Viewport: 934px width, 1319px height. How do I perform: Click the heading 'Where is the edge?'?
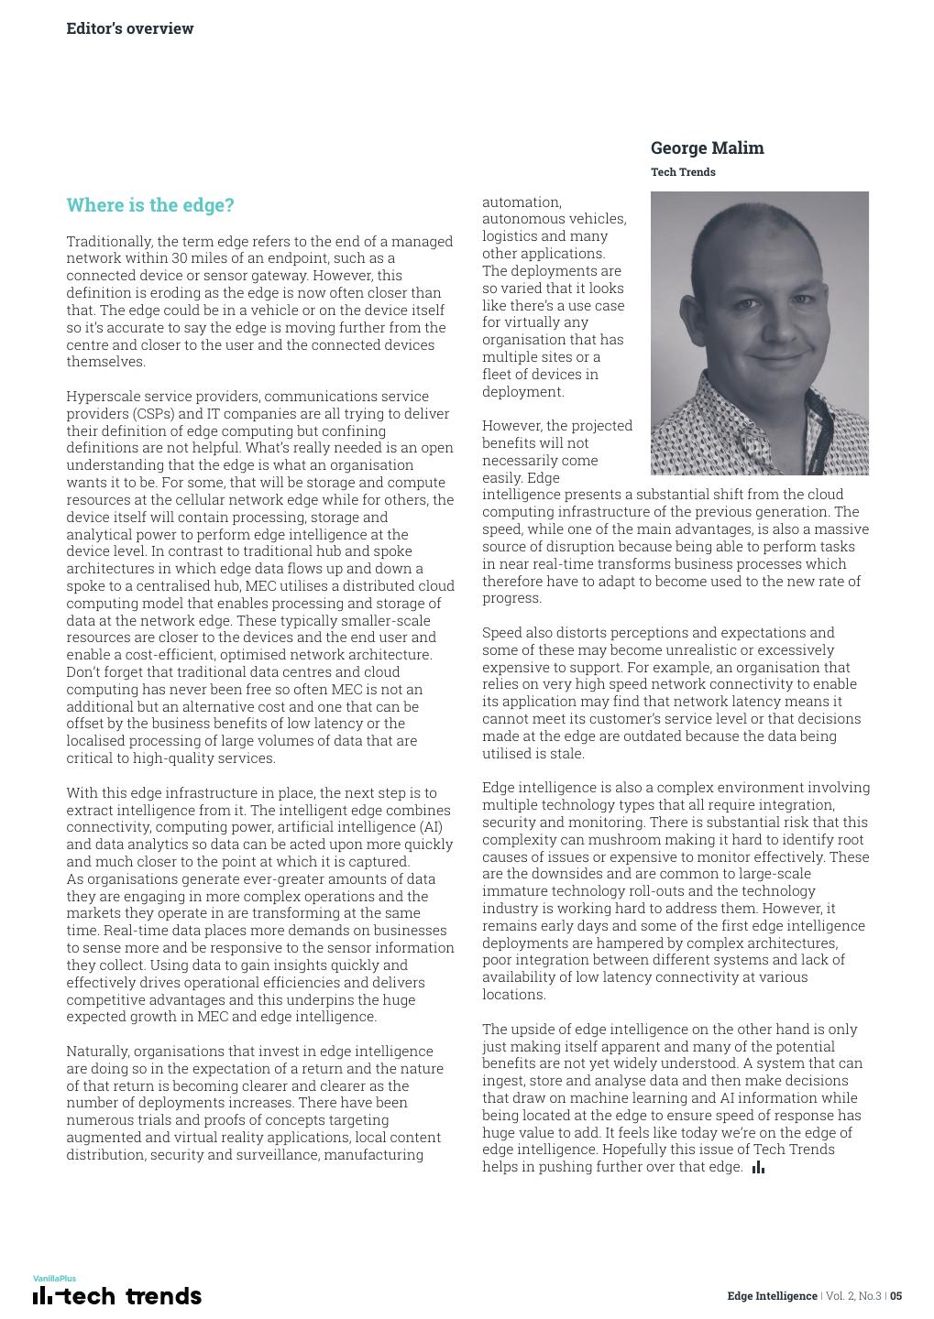click(150, 205)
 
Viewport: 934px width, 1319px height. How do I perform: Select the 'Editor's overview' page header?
click(130, 28)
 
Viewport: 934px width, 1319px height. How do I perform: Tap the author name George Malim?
click(707, 148)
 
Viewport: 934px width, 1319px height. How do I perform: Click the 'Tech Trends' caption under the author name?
click(683, 172)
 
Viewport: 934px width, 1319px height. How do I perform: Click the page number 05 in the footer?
click(896, 1296)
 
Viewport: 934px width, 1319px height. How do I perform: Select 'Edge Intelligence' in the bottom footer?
click(772, 1296)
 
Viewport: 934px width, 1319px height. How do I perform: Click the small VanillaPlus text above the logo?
click(54, 1279)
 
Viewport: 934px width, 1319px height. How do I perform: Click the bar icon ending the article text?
click(758, 1167)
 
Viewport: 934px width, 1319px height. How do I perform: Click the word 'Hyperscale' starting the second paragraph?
click(102, 397)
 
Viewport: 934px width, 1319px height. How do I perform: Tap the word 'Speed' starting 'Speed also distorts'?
click(501, 633)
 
